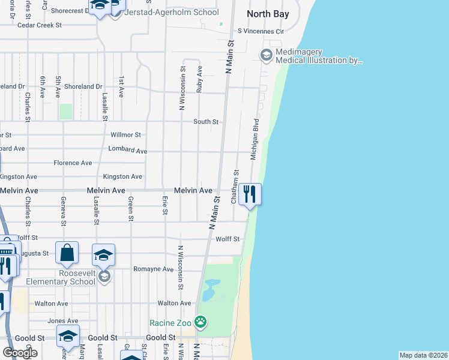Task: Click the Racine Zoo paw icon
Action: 200,323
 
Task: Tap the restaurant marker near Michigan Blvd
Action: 250,194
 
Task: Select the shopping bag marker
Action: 67,253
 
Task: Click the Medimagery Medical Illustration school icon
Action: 266,55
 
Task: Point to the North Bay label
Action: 268,14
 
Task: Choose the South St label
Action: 206,122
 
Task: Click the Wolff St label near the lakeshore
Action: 228,239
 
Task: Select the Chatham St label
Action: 235,186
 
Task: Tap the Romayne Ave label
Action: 153,269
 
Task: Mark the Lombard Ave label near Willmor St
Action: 127,151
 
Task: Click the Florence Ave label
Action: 73,163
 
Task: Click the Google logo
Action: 20,353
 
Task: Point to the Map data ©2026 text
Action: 424,355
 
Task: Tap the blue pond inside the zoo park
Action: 208,292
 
